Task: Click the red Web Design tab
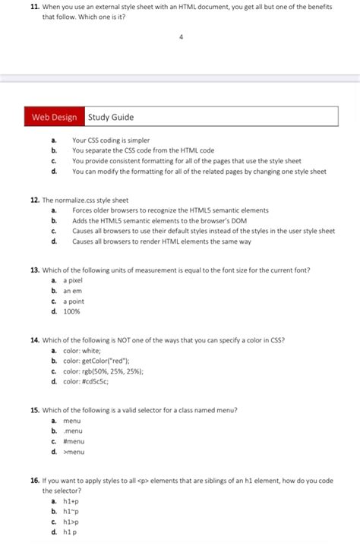pyautogui.click(x=54, y=117)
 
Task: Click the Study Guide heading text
pyautogui.click(x=111, y=117)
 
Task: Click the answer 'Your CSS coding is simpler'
pyautogui.click(x=111, y=140)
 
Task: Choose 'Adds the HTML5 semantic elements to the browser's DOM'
pyautogui.click(x=160, y=220)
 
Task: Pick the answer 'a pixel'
pyautogui.click(x=73, y=280)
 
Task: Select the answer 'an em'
pyautogui.click(x=72, y=291)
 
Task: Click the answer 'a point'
pyautogui.click(x=74, y=301)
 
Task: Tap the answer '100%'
pyautogui.click(x=71, y=311)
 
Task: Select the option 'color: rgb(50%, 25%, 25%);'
pyautogui.click(x=103, y=371)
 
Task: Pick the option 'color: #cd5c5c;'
pyautogui.click(x=86, y=381)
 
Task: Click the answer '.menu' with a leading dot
pyautogui.click(x=74, y=431)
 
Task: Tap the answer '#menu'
pyautogui.click(x=74, y=441)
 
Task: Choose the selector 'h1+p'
pyautogui.click(x=71, y=501)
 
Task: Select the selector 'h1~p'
pyautogui.click(x=71, y=512)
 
